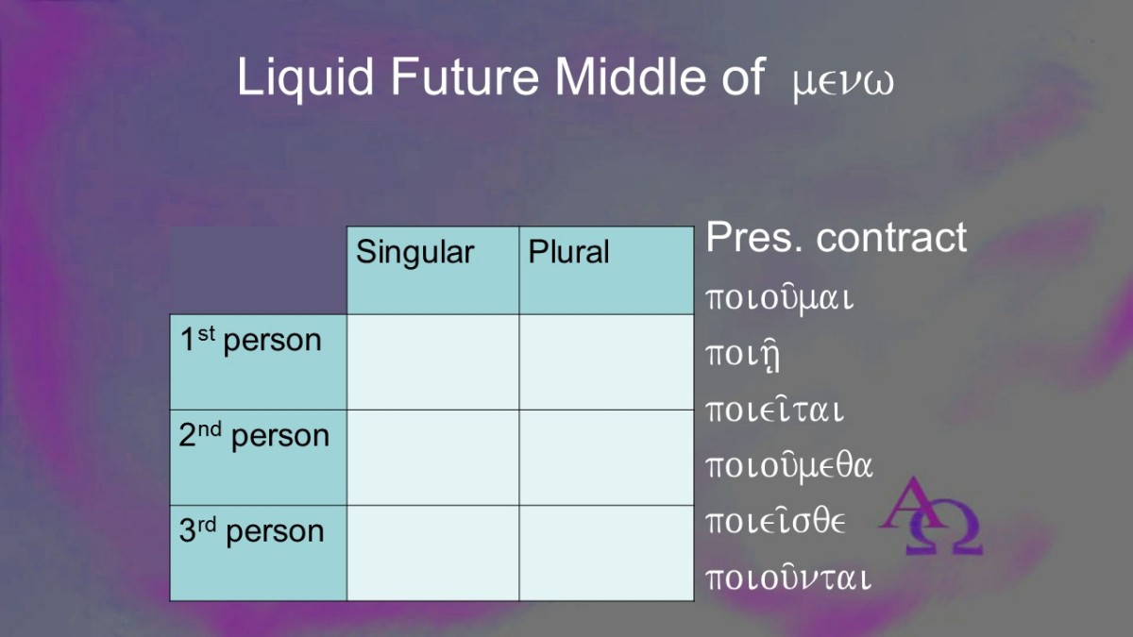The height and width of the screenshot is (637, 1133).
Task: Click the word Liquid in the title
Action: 306,77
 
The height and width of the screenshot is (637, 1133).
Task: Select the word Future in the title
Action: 465,76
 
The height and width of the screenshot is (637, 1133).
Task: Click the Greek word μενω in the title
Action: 843,82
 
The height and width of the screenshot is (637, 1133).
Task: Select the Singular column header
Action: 414,252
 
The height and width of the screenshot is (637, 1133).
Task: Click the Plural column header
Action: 568,251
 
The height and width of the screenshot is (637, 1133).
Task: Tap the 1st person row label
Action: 250,341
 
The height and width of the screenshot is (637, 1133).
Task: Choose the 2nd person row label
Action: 254,436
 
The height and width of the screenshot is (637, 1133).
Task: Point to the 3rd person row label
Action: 251,530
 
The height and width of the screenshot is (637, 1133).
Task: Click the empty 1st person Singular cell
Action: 433,362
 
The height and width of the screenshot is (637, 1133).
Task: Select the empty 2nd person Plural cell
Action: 606,458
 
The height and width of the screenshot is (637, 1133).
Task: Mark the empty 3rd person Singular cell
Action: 433,553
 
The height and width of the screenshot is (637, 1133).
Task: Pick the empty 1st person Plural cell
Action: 606,362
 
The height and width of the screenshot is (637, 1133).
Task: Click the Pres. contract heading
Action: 837,237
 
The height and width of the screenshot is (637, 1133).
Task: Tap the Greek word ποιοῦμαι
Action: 780,298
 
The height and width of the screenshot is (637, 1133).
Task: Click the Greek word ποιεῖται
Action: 775,410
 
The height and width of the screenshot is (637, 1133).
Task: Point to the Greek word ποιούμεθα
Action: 789,466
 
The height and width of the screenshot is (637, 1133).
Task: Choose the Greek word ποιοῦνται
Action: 788,578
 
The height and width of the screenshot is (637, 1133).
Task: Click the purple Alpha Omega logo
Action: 932,515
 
